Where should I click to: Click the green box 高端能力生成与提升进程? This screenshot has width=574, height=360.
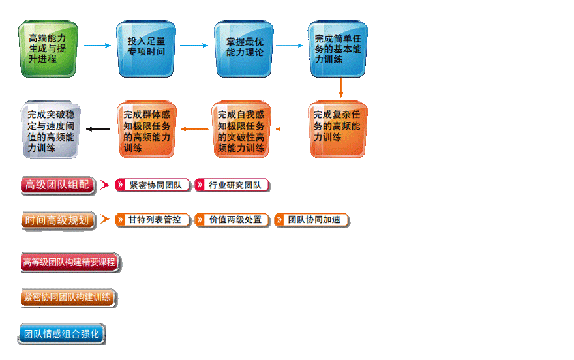pyautogui.click(x=48, y=48)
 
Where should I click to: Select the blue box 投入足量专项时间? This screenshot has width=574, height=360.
pyautogui.click(x=146, y=47)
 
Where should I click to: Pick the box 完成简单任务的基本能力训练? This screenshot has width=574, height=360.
pyautogui.click(x=337, y=48)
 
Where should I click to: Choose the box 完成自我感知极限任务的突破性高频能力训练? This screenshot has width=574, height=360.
pyautogui.click(x=241, y=129)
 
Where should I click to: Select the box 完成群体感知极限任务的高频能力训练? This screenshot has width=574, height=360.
pyautogui.click(x=146, y=129)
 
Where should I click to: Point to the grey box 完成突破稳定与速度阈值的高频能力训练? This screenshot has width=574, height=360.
pyautogui.click(x=50, y=129)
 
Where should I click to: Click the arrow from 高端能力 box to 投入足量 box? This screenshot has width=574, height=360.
pyautogui.click(x=97, y=46)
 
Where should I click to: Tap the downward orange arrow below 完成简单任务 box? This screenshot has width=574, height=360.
pyautogui.click(x=340, y=87)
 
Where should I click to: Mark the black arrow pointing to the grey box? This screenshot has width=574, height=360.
pyautogui.click(x=98, y=129)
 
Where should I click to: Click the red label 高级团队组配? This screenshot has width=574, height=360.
pyautogui.click(x=57, y=185)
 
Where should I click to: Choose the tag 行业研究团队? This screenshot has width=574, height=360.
pyautogui.click(x=232, y=185)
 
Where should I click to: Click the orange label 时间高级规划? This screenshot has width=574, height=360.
pyautogui.click(x=57, y=220)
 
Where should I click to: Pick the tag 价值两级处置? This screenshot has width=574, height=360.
pyautogui.click(x=232, y=220)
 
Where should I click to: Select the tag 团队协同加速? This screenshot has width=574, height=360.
pyautogui.click(x=311, y=220)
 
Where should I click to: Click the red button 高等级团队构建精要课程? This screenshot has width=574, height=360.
pyautogui.click(x=70, y=262)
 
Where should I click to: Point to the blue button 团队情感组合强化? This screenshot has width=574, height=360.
pyautogui.click(x=61, y=334)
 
